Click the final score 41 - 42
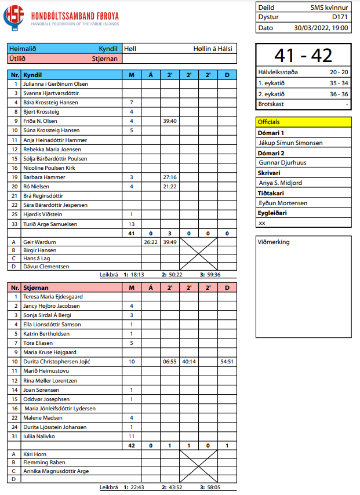coord(303,55)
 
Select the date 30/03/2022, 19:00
coord(321,27)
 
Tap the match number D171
coord(340,17)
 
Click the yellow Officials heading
coord(268,122)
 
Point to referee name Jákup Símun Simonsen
coord(290,143)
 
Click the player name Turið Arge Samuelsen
coord(50,224)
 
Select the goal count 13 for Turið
coord(132,224)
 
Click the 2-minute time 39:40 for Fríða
coord(170,121)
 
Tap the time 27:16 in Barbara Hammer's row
coord(170,177)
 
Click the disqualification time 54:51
coord(227,362)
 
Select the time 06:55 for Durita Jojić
coord(170,362)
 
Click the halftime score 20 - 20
coord(339,72)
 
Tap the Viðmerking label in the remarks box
coord(274,242)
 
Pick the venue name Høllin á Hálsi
coord(213,49)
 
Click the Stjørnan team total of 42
coord(132,446)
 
